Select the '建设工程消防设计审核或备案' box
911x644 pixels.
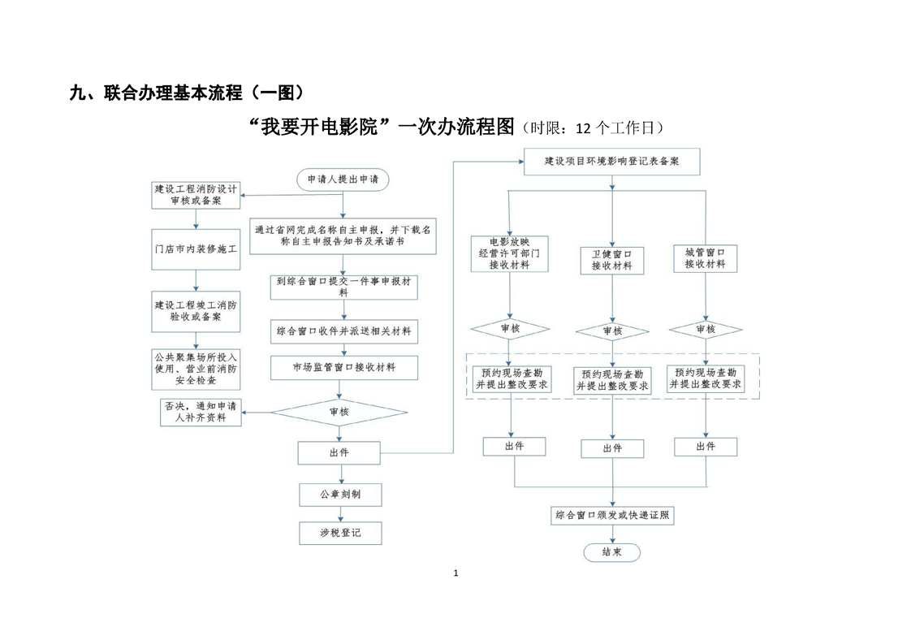click(x=196, y=194)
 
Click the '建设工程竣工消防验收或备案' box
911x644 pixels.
click(x=196, y=312)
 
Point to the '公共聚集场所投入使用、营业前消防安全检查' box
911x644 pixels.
click(x=196, y=368)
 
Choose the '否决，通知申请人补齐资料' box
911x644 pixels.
click(x=201, y=413)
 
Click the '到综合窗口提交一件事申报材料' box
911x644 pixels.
click(x=343, y=287)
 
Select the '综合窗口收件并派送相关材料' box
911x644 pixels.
click(x=343, y=331)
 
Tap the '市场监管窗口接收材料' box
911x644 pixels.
click(x=343, y=368)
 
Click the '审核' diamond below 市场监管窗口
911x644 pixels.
click(x=339, y=413)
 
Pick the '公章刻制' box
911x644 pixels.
click(x=339, y=494)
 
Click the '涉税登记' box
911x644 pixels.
click(x=339, y=533)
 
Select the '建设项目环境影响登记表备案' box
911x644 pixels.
click(x=611, y=162)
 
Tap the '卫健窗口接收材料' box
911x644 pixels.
click(x=611, y=260)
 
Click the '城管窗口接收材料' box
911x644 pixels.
click(x=705, y=258)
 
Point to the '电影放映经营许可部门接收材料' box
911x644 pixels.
click(x=509, y=253)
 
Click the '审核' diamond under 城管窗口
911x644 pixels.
click(x=705, y=329)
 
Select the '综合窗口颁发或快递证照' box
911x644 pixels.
click(x=611, y=515)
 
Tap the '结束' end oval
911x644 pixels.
click(x=611, y=552)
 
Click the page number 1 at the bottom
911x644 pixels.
click(x=455, y=573)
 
